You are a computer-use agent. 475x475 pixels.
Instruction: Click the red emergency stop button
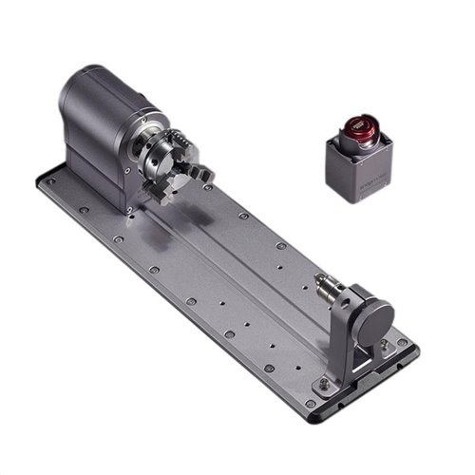358,124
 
